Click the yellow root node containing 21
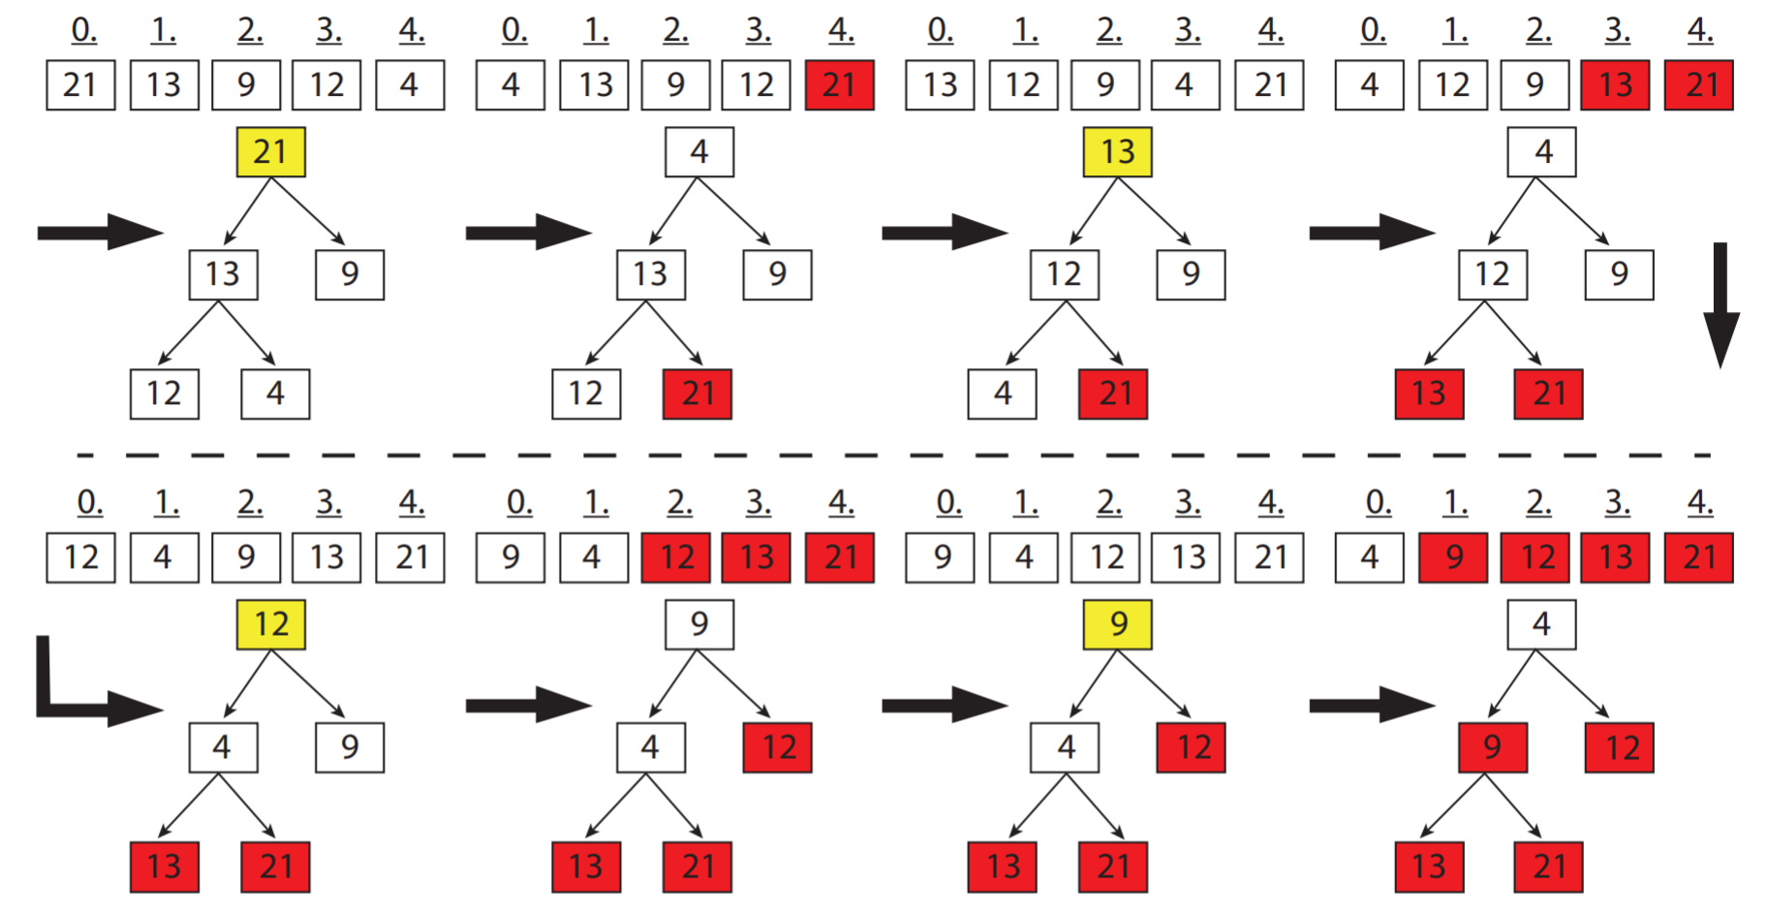click(270, 152)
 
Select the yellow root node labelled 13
click(1117, 152)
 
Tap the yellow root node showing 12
click(270, 624)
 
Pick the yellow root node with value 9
click(1117, 624)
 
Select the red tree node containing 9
click(1492, 747)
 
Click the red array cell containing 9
click(1453, 557)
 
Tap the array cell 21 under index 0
click(80, 85)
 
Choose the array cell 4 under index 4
click(410, 85)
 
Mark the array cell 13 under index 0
click(940, 85)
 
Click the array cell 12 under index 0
click(80, 557)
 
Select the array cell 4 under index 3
click(1185, 85)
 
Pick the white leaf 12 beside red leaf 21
click(585, 394)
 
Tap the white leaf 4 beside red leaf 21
click(1002, 394)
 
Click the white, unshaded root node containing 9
click(698, 624)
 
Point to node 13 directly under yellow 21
click(223, 274)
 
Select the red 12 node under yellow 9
click(1191, 747)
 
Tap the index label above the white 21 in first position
click(84, 32)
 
